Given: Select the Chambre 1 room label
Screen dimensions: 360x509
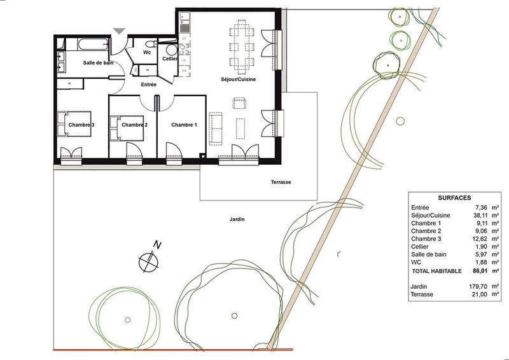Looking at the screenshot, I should click(x=184, y=125).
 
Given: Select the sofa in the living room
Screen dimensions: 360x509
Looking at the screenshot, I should click(x=216, y=127).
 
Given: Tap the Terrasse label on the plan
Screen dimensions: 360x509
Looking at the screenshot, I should click(x=280, y=182).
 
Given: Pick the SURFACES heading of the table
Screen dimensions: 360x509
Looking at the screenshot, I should click(x=454, y=198).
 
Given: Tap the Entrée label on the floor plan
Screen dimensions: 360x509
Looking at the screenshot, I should click(x=148, y=85).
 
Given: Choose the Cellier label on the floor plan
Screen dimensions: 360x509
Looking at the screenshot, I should click(x=169, y=59).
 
